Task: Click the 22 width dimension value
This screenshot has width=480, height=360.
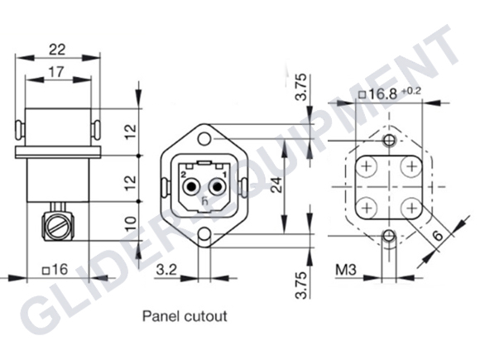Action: click(x=57, y=48)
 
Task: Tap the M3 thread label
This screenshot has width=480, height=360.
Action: click(x=348, y=269)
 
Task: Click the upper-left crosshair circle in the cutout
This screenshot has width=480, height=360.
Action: click(x=366, y=166)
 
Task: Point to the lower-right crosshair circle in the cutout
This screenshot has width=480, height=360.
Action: click(x=408, y=204)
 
